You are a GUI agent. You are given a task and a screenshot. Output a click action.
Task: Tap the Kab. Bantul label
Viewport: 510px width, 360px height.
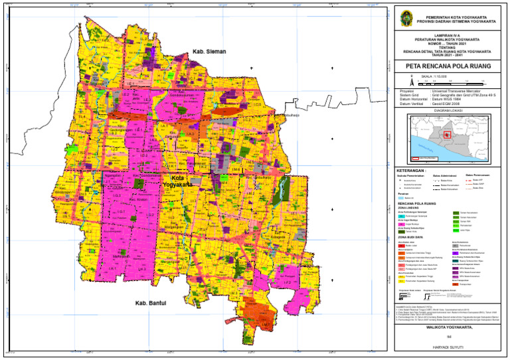(x=151, y=304)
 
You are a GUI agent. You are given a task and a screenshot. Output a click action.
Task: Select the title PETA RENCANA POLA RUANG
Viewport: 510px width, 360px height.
(x=448, y=66)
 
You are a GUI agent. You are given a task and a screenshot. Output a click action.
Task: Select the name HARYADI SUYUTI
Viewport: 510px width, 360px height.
(x=448, y=347)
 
